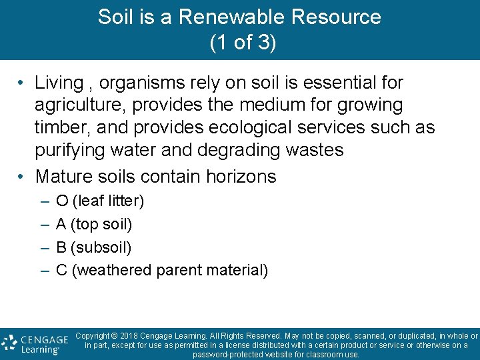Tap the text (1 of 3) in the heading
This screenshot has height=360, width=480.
(x=243, y=43)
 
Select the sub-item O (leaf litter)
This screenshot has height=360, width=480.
(x=100, y=201)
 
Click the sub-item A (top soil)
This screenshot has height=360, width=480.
(x=94, y=224)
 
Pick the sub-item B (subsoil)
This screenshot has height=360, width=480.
(x=94, y=247)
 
